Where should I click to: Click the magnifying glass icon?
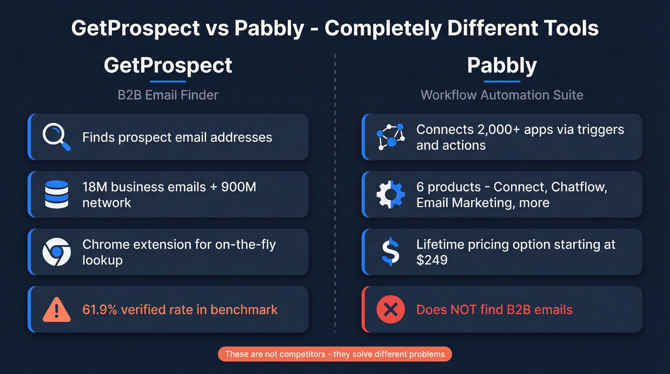[56, 137]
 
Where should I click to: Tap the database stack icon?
[56, 194]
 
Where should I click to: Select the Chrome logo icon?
[56, 252]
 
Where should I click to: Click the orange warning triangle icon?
[56, 310]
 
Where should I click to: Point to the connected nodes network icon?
[391, 137]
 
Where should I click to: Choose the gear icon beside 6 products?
[391, 194]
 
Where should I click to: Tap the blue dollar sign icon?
[391, 252]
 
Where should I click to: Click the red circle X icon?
[391, 309]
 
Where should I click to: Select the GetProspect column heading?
[168, 65]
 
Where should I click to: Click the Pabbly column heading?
[502, 65]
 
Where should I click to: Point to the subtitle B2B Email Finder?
[168, 95]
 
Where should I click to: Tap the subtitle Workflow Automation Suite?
[502, 95]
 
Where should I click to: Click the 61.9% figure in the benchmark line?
[100, 309]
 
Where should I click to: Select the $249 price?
[432, 260]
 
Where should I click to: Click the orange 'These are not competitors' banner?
[335, 354]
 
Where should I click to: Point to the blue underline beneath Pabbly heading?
[502, 81]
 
